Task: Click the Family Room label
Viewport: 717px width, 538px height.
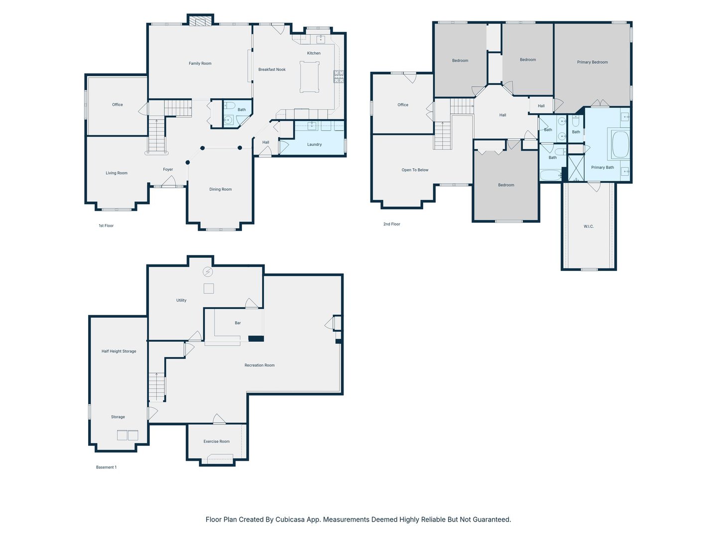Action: [200, 63]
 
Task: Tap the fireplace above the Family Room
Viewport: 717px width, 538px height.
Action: [200, 21]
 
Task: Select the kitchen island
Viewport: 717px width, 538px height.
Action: [309, 77]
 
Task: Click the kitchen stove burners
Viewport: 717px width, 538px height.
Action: [339, 76]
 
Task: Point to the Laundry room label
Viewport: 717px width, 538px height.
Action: [314, 144]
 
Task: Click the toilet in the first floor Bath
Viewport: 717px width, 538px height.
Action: [230, 106]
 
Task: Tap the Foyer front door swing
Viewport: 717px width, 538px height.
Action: [169, 181]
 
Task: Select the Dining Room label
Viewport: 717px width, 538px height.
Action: [221, 189]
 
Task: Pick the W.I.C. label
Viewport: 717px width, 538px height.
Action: [589, 226]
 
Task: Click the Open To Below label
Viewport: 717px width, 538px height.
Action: [415, 170]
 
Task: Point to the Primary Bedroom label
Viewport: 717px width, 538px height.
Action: [592, 62]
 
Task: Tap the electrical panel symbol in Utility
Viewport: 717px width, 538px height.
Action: [208, 271]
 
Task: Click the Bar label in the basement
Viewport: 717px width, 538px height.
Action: [238, 323]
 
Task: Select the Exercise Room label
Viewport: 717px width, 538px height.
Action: [216, 441]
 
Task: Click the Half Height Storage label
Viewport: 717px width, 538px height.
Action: [119, 351]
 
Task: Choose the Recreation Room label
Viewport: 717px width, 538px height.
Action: [259, 365]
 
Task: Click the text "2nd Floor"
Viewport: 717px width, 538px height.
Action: [392, 224]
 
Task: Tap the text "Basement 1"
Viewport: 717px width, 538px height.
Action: [106, 467]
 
